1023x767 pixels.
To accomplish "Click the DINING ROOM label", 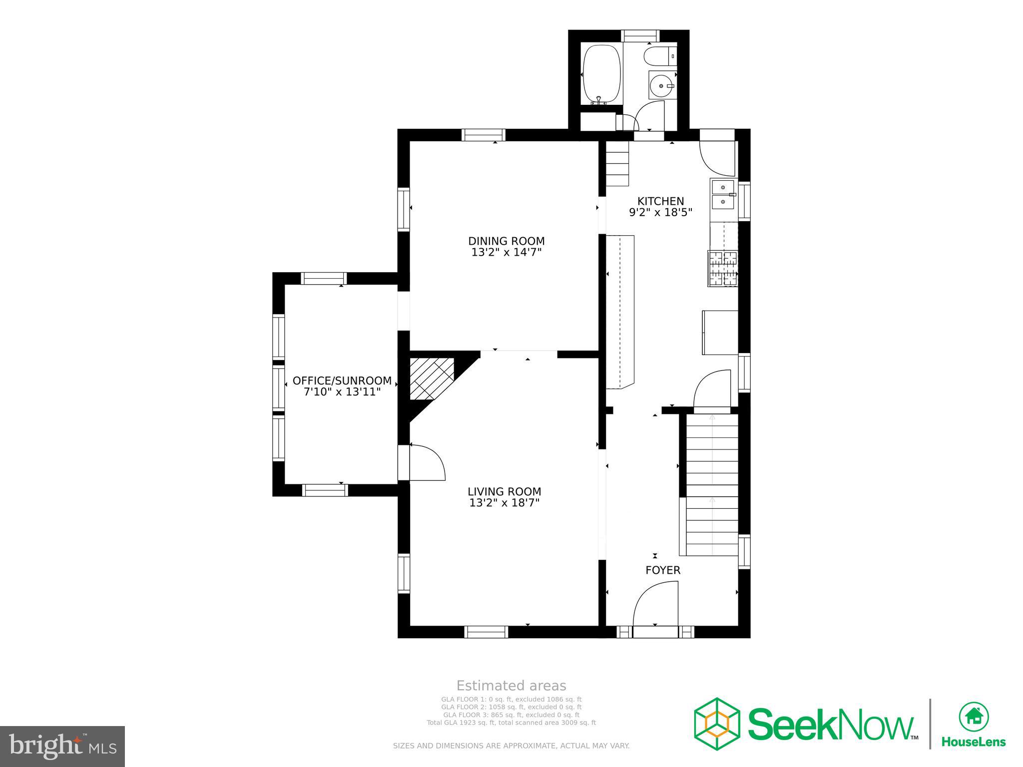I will (506, 241).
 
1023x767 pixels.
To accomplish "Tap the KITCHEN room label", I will (660, 201).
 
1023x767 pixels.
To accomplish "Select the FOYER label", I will (662, 570).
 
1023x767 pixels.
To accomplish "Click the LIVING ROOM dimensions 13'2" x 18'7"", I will (505, 503).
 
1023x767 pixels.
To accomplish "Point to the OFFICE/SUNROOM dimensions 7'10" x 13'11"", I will (342, 392).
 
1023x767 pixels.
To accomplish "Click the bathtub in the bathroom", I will (601, 74).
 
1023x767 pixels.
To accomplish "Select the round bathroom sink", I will (662, 86).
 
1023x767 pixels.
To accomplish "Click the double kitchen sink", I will (723, 195).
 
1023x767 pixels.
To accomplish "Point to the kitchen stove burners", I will (723, 269).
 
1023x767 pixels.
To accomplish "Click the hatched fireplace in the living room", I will (430, 378).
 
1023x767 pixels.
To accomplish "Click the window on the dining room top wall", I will (484, 135).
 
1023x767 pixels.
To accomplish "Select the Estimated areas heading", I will (511, 686).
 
